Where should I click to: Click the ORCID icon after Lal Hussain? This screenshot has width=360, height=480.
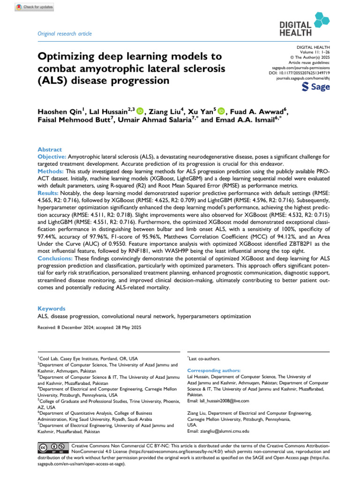[x=141, y=111]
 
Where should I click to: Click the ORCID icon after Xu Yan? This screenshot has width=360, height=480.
[x=222, y=111]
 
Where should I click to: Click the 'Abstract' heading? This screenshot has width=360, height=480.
[x=49, y=150]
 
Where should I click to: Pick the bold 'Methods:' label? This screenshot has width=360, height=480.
[x=51, y=172]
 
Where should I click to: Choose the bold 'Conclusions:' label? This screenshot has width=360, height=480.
[x=56, y=258]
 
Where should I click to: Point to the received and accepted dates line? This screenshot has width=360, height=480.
[x=89, y=327]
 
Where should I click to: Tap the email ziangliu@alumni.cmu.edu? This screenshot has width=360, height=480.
[x=218, y=431]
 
